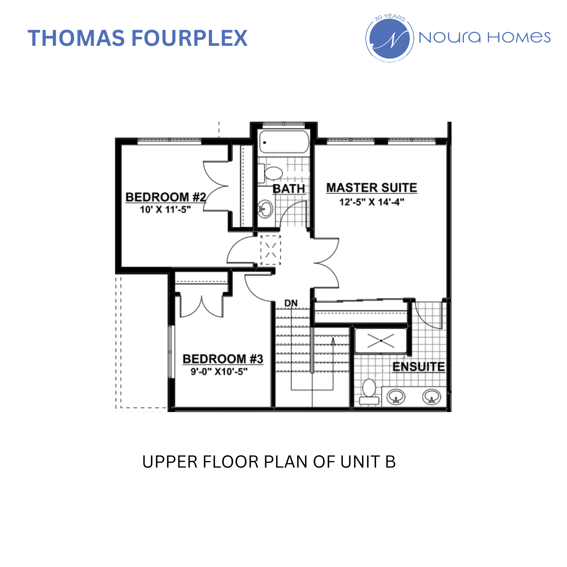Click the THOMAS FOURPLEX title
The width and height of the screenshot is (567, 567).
138,38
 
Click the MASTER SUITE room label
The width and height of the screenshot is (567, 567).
372,188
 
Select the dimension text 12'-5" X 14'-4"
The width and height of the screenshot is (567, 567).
372,202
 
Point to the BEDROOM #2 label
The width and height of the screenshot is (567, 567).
165,197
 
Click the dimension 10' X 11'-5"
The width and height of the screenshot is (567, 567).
165,210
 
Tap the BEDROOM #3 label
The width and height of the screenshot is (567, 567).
223,359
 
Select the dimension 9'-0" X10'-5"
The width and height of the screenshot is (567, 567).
219,372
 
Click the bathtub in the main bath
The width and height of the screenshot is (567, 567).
284,142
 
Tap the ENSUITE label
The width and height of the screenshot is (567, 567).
419,367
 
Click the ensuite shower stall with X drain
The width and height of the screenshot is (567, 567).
381,341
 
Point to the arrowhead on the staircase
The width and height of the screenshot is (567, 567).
333,341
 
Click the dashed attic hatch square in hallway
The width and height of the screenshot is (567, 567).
271,250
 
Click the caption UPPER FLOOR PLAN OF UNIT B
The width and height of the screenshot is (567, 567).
269,462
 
